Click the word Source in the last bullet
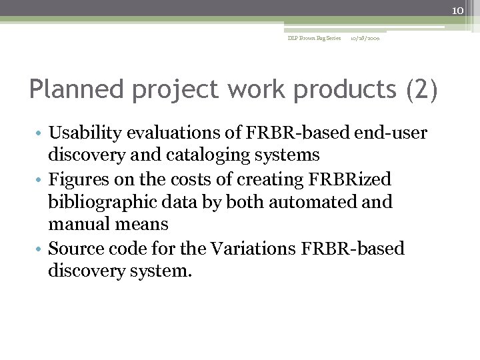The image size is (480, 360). pyautogui.click(x=75, y=249)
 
